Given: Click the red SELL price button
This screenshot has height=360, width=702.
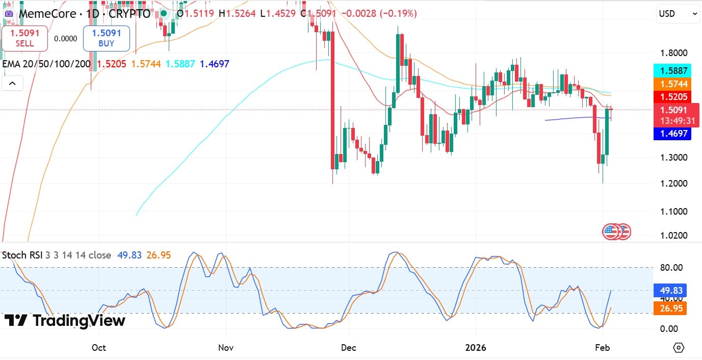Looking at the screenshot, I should pos(24,38).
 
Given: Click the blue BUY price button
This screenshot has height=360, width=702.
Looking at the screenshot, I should pos(106,38).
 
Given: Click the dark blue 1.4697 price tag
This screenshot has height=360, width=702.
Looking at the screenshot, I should pos(671,134).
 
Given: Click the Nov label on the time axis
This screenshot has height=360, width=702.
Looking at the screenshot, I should pos(225,348).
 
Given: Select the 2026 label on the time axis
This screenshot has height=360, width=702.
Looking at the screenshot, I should pos(476,348).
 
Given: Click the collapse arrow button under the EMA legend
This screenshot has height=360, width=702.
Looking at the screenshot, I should pos(12,83).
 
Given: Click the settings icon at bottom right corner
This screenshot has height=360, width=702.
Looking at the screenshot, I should pos(679,348).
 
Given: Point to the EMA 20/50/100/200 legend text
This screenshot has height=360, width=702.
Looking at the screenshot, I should pos(46,64).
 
